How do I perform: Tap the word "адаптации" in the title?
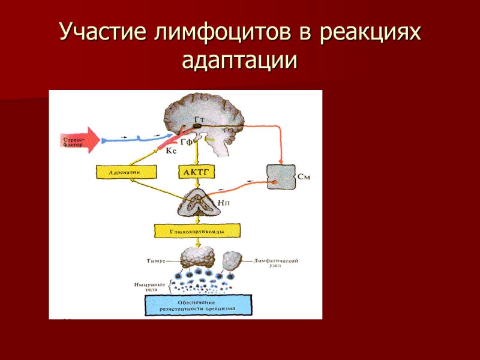[240, 60]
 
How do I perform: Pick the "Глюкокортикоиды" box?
[197, 230]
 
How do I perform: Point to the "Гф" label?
[186, 143]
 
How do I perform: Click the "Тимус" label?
[154, 260]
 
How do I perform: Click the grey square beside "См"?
[281, 178]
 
